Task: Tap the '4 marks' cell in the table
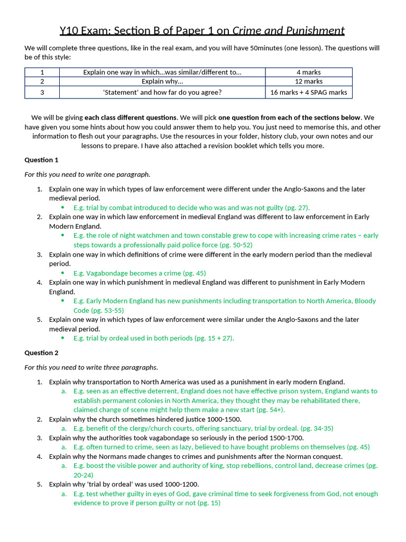coord(308,72)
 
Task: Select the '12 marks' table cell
coord(308,82)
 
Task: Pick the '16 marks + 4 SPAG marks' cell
coord(308,92)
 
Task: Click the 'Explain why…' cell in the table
coord(162,82)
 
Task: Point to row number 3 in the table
coord(42,92)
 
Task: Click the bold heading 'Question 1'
coord(41,160)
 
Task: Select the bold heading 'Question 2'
coord(41,353)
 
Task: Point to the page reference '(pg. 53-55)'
coord(107,310)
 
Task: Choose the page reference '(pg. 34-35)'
coord(317,428)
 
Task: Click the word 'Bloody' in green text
coord(365,301)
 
